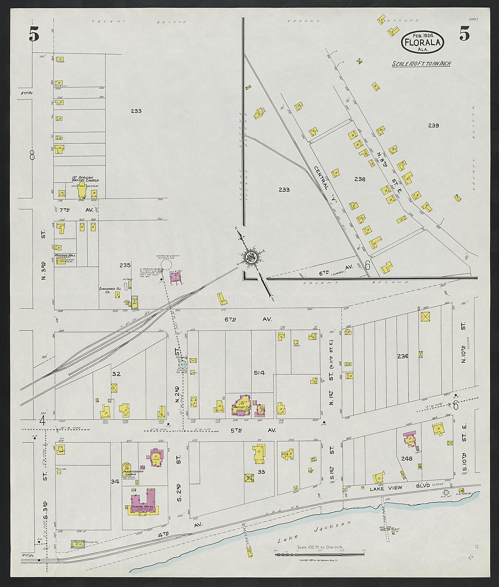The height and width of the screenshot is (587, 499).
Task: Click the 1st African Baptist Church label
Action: click(x=85, y=179)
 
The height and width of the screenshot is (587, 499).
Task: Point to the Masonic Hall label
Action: click(x=65, y=255)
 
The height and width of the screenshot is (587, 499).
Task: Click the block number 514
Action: click(x=259, y=373)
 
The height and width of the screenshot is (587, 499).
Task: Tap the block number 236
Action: click(x=403, y=356)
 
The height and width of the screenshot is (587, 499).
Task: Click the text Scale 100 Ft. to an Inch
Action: click(x=421, y=64)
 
